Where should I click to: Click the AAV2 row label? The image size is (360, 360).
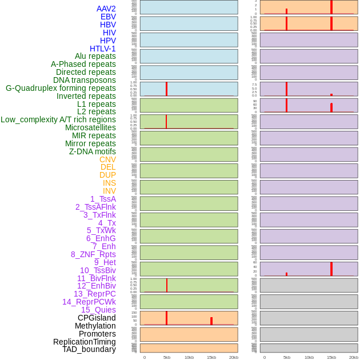click(106, 9)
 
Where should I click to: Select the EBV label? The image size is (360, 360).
click(108, 17)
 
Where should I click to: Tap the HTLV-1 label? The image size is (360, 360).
click(102, 49)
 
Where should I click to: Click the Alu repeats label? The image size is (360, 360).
click(95, 56)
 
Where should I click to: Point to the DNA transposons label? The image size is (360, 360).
click(85, 80)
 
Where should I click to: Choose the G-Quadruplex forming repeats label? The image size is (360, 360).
click(61, 88)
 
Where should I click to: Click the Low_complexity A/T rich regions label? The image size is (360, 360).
click(58, 119)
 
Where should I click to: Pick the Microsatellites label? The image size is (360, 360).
click(90, 127)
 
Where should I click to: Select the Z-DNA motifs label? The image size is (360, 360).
click(92, 151)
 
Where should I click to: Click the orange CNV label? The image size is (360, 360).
click(107, 159)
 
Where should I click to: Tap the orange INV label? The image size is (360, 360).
click(109, 191)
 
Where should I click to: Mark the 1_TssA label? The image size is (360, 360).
click(103, 199)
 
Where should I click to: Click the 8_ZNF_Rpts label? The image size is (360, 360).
click(93, 254)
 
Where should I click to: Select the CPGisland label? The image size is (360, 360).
click(97, 318)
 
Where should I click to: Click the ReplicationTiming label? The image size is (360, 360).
click(85, 342)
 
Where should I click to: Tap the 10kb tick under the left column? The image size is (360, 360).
click(189, 357)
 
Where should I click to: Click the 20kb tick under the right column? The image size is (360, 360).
click(354, 357)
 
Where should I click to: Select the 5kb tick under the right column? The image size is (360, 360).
click(287, 357)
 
